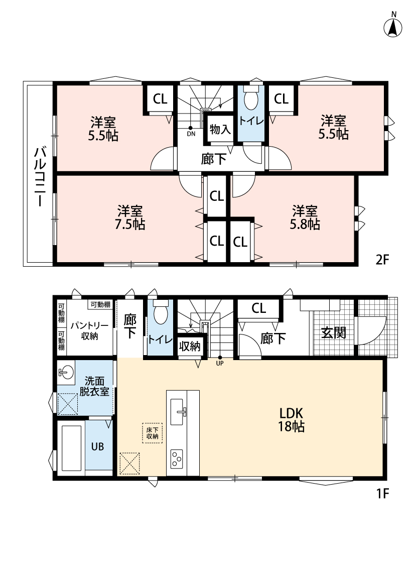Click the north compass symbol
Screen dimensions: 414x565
point(393,26)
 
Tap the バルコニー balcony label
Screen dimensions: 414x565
point(40,177)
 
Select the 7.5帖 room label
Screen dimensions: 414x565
point(130,217)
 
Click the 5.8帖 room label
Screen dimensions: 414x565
point(305,217)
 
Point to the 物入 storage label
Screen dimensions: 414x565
point(220,130)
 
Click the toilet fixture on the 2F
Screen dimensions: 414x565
point(251,96)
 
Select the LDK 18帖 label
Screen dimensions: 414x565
point(291,419)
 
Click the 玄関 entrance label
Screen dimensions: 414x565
point(333,332)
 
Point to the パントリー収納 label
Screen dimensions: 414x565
point(89,331)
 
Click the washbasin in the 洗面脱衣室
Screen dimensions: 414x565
point(66,372)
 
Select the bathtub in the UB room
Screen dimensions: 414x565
point(72,447)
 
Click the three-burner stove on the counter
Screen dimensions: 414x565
point(176,459)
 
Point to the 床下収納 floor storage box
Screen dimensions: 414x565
point(152,433)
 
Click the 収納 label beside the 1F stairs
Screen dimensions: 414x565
point(190,346)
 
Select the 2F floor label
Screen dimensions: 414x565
point(382,260)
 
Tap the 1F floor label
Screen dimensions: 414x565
point(383,493)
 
